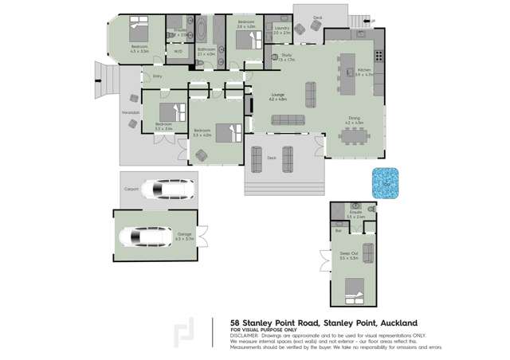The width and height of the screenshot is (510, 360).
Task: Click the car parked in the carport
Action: pyautogui.click(x=164, y=190)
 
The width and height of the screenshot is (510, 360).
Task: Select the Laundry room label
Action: pyautogui.click(x=281, y=29)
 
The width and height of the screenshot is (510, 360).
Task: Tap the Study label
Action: pyautogui.click(x=285, y=56)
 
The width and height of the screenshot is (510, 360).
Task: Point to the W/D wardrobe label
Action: pyautogui.click(x=178, y=52)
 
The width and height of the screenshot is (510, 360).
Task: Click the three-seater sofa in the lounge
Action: pyautogui.click(x=288, y=120)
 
